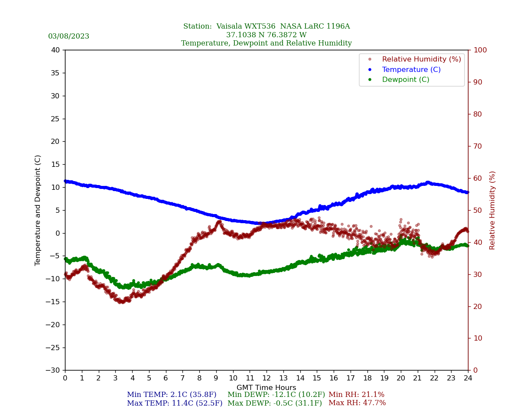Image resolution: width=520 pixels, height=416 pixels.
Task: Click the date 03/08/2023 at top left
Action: coord(68,36)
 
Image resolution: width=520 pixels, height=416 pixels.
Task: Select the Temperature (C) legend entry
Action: coord(411,70)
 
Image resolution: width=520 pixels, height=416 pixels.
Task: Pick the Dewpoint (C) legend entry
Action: coord(405,80)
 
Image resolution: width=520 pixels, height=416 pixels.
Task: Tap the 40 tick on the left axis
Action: coord(55,50)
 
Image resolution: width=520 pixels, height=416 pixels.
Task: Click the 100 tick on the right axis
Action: coord(480,50)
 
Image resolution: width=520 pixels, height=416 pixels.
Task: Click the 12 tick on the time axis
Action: coord(266,378)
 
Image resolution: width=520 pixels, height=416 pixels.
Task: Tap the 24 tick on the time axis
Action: coord(468,378)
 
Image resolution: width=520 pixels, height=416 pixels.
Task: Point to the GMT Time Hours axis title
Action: coord(266,388)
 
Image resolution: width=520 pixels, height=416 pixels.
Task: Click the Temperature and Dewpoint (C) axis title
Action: coord(38,210)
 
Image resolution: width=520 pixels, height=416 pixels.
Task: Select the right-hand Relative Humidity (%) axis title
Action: coord(492,210)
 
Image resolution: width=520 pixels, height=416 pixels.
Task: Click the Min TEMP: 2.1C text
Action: coord(172,395)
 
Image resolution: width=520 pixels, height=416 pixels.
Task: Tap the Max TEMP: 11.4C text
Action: coord(174,403)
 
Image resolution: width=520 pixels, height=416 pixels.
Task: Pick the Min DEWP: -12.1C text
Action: coord(276,395)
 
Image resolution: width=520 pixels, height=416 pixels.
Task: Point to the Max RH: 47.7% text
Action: coord(357,403)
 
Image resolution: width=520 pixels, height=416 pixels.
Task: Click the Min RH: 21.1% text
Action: coord(356,395)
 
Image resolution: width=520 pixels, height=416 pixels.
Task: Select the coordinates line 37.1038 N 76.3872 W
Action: coord(266,35)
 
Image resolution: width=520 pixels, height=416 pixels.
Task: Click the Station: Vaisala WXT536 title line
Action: coord(266,26)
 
